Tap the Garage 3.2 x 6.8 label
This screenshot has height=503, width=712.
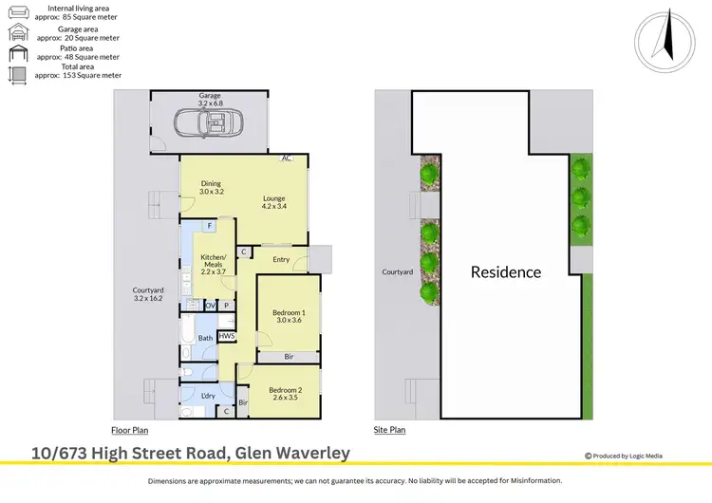point(210,100)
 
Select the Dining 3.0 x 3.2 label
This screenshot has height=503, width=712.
point(211,187)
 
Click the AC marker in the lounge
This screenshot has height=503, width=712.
point(286,158)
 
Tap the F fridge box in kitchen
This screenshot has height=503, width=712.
point(209,226)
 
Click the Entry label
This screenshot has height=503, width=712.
point(281,259)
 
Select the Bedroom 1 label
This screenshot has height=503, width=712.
point(289,316)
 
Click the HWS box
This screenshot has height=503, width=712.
point(227,336)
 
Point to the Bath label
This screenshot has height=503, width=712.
point(205,338)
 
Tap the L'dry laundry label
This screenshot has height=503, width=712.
point(208,396)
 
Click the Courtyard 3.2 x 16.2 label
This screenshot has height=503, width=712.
point(147,294)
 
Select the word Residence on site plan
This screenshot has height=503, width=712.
point(506,272)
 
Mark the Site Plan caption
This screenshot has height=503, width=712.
point(389,430)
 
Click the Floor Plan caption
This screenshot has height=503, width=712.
point(129,430)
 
